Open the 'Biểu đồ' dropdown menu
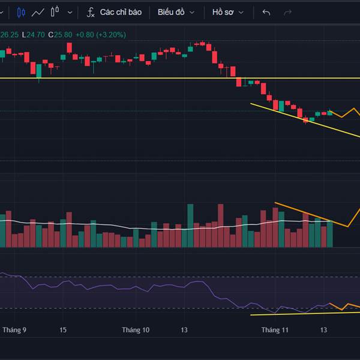point(175,12)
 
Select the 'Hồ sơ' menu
point(228,12)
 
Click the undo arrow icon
point(266,12)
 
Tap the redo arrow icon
point(287,12)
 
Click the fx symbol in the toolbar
point(91,12)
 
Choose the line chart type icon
point(39,12)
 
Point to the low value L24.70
point(34,35)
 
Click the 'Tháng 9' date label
point(14,330)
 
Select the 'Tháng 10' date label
point(135,330)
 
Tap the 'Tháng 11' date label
point(275,330)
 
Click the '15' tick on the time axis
point(63,330)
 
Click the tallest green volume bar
point(190,226)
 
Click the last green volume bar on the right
point(329,234)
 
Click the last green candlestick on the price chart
point(329,113)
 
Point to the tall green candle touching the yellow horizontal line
point(39,71)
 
